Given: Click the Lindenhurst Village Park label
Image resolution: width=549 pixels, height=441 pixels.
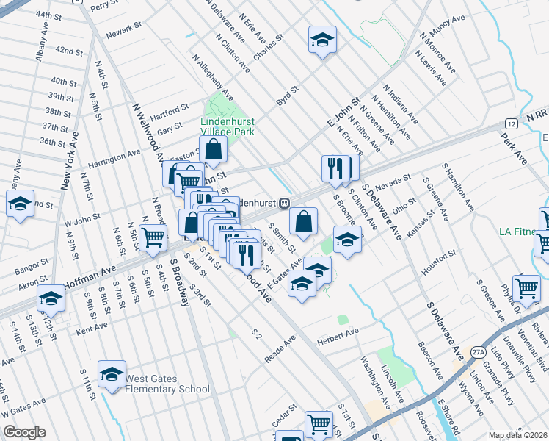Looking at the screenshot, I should pyautogui.click(x=228, y=126).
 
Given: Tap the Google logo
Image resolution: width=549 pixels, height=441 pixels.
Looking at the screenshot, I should pyautogui.click(x=24, y=432).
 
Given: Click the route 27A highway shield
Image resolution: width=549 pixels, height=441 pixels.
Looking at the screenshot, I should pyautogui.click(x=478, y=351).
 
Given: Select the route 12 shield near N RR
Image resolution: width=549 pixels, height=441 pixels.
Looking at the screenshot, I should pyautogui.click(x=510, y=123).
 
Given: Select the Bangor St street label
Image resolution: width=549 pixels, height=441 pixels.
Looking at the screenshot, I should pyautogui.click(x=32, y=262).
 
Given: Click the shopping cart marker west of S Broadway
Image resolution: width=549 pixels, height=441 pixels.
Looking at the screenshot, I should pyautogui.click(x=153, y=237).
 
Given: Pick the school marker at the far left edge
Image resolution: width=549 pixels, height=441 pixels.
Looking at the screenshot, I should pyautogui.click(x=20, y=204).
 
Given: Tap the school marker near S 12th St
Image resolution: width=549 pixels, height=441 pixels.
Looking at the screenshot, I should pyautogui.click(x=51, y=298).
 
